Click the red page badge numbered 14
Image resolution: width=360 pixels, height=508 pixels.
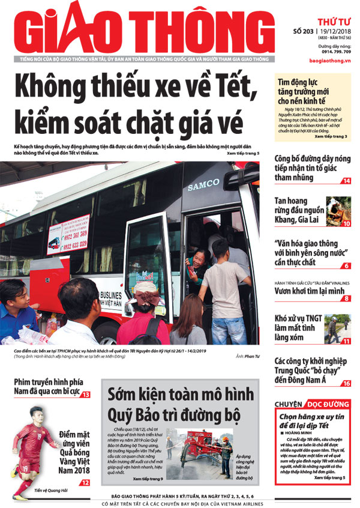tap(347, 181)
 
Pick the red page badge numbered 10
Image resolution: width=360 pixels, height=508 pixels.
tap(347, 223)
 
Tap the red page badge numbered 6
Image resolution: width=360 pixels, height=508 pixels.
tap(347, 265)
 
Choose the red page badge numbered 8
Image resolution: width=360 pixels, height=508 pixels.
tap(347, 298)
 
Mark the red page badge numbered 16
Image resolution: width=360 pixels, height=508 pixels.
tap(347, 383)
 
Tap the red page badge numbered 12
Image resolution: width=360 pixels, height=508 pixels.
tap(86, 482)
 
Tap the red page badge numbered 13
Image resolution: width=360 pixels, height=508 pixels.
tap(86, 395)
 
